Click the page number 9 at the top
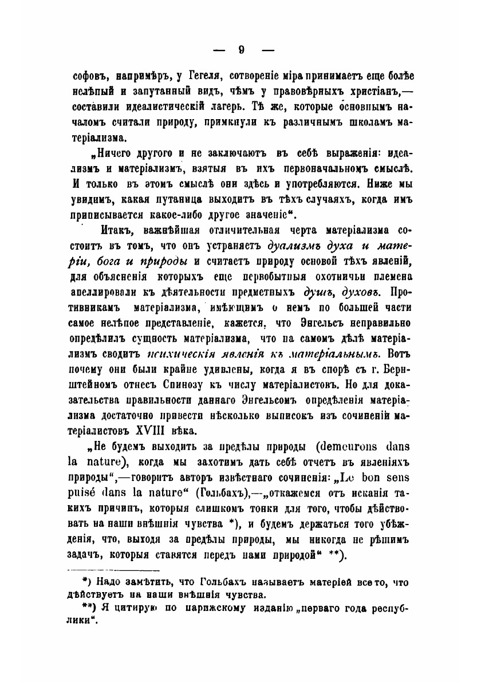coord(241,50)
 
